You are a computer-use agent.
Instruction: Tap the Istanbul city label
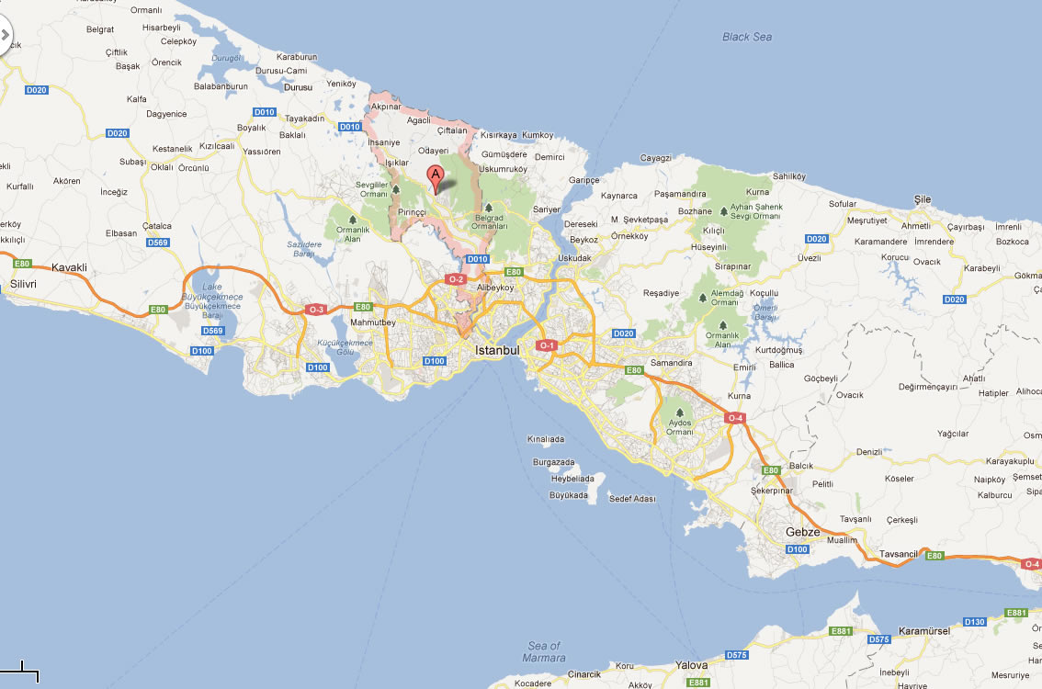click(x=497, y=351)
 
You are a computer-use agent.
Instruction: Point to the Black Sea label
click(x=747, y=37)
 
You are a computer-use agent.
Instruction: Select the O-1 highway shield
click(x=547, y=345)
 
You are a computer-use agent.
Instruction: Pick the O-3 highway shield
click(x=316, y=310)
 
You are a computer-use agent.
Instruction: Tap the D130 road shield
click(x=974, y=622)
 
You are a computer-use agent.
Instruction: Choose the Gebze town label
click(x=802, y=532)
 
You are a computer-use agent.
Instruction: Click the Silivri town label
click(x=23, y=284)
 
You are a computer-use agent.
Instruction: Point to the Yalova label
click(x=691, y=665)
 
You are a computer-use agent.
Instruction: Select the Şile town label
click(x=922, y=199)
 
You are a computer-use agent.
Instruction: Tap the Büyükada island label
click(x=568, y=495)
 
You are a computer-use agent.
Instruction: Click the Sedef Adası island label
click(x=633, y=498)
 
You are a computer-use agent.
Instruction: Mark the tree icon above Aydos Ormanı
click(x=679, y=414)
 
